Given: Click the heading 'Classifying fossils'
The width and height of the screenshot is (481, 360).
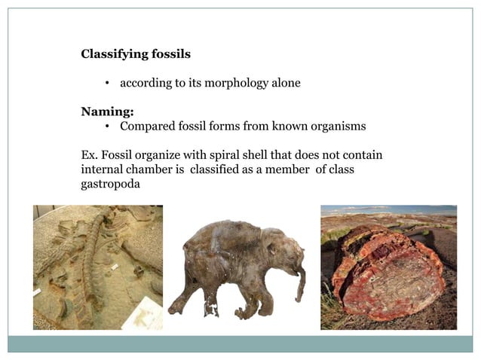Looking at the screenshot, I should click(x=136, y=54).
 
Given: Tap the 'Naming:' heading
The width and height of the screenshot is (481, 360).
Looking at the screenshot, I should click(x=107, y=111).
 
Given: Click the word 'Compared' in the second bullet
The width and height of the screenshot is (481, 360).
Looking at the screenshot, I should click(x=146, y=126).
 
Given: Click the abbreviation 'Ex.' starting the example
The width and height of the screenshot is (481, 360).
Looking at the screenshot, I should click(x=90, y=155).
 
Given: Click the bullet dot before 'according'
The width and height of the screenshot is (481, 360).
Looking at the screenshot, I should click(x=109, y=84).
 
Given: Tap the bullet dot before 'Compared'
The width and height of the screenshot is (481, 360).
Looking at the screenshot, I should click(x=109, y=127).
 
